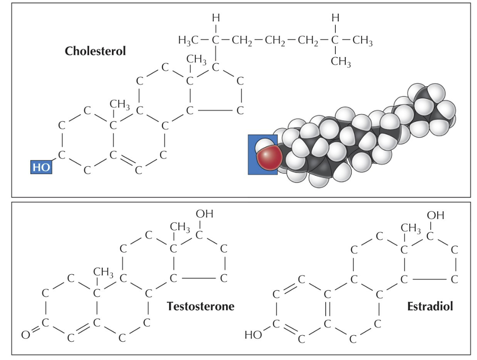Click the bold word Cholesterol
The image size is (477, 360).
click(x=95, y=51)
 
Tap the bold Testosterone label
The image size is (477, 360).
click(x=200, y=306)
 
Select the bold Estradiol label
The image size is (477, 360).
click(x=430, y=306)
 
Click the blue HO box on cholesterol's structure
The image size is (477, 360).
click(x=41, y=167)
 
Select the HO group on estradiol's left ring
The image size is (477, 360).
click(x=253, y=335)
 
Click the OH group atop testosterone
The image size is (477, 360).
click(x=205, y=215)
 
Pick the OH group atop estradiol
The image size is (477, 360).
click(x=435, y=215)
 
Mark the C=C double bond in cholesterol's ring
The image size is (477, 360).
click(x=126, y=163)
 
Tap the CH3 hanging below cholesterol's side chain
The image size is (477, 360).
click(x=341, y=62)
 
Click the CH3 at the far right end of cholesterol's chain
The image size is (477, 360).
click(x=362, y=42)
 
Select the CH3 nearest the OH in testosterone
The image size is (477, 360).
click(x=180, y=227)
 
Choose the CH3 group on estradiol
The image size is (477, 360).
click(x=411, y=228)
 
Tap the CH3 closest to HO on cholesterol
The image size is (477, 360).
click(x=119, y=105)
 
